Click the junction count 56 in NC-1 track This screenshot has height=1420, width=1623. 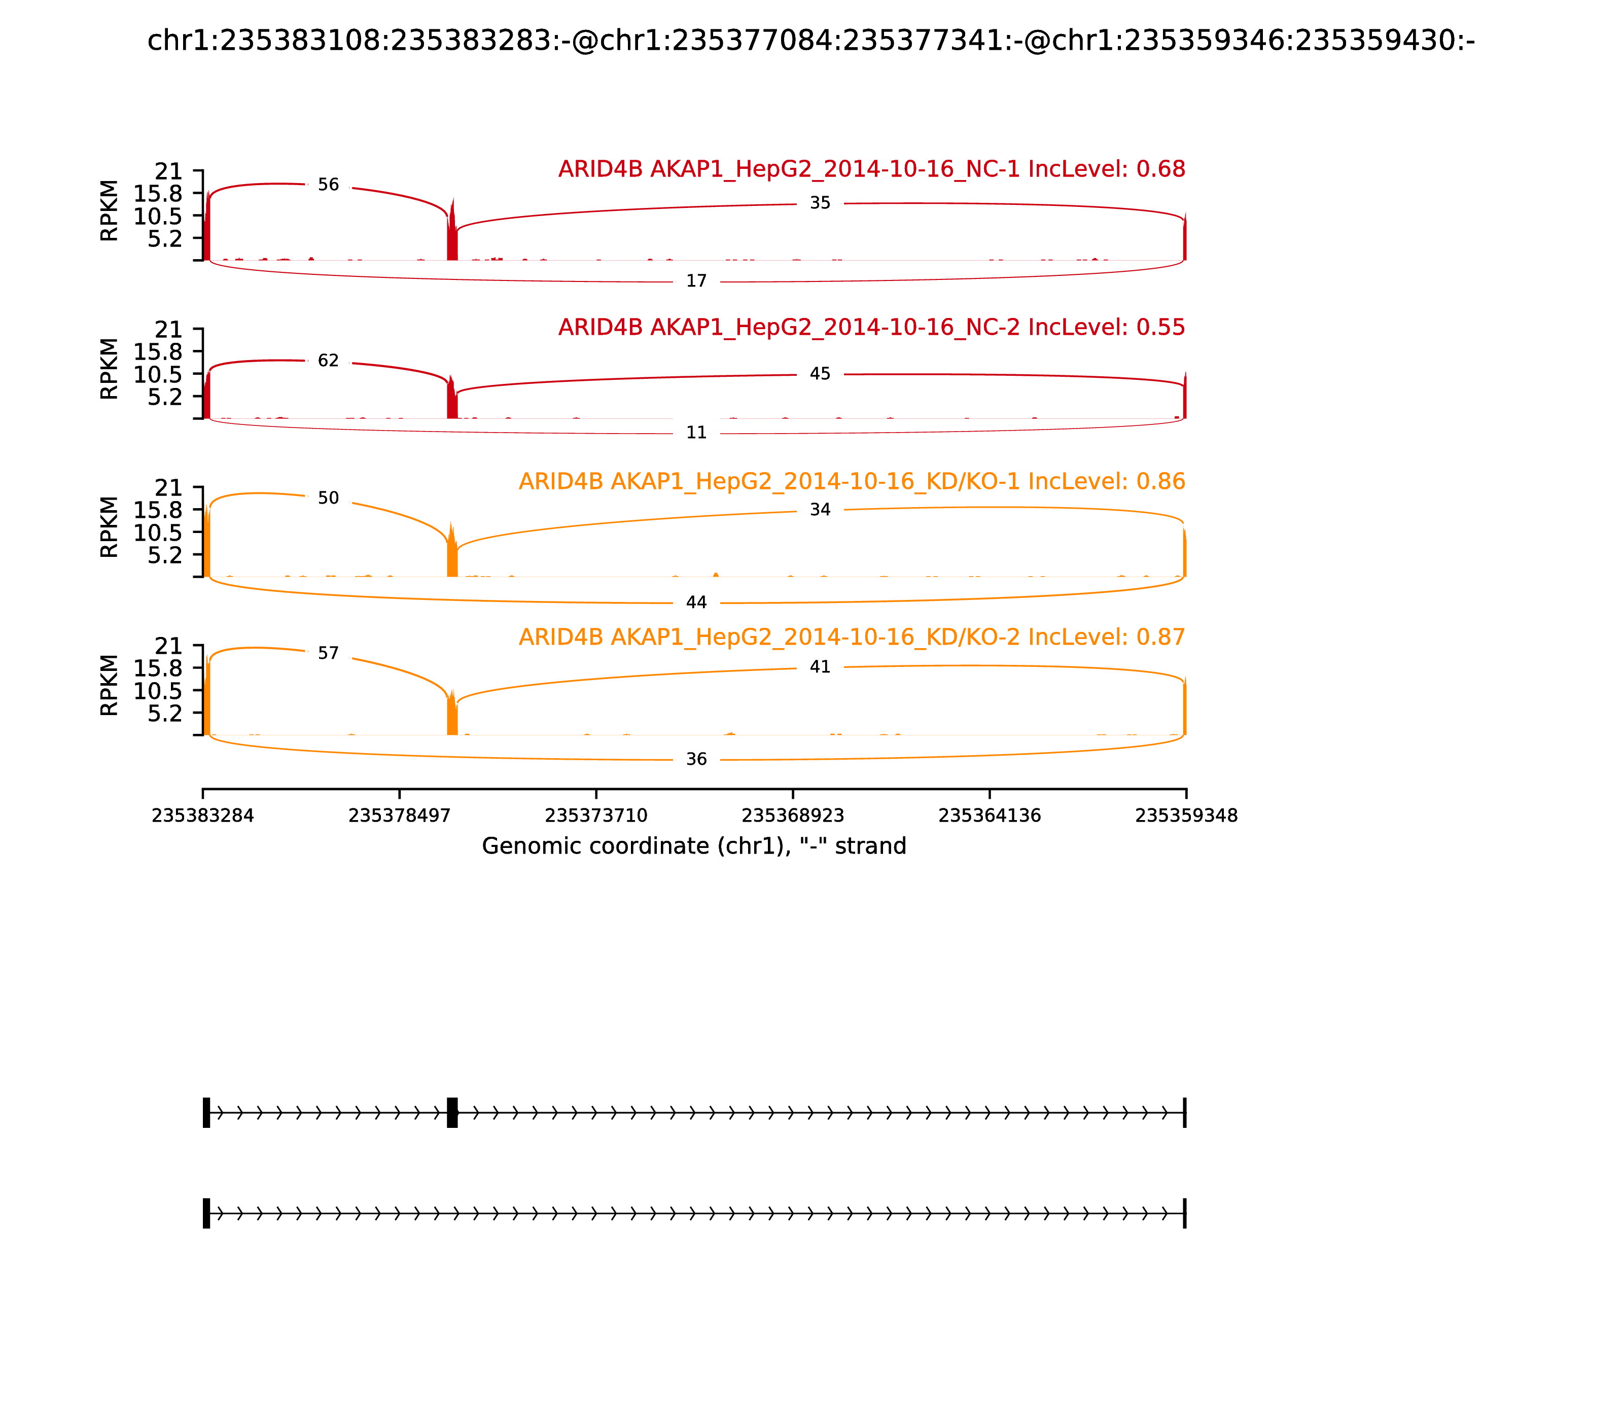pos(328,185)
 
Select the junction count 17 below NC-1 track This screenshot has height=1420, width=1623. pos(696,281)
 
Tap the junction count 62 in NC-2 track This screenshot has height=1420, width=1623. pos(328,361)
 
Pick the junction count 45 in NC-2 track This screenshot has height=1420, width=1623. pos(820,374)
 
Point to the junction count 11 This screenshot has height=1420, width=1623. pos(696,433)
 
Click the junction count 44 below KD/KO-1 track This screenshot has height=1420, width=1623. pos(696,603)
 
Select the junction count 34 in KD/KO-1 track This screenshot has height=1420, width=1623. pos(820,510)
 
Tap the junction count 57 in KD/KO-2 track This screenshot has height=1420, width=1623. pos(328,654)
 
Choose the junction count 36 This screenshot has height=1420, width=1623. pos(696,760)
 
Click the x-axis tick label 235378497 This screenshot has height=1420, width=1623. pos(400,816)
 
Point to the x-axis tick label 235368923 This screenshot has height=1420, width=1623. pos(792,816)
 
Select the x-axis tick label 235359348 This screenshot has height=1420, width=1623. pos(1186,816)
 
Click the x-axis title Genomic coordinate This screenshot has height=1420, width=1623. pos(694,846)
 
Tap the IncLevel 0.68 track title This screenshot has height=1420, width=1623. pos(872,169)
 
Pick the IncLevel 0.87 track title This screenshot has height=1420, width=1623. pos(852,637)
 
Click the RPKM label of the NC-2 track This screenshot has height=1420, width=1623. pos(110,369)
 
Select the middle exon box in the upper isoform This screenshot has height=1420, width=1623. pos(452,1113)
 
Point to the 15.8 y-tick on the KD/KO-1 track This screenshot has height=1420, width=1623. pos(158,510)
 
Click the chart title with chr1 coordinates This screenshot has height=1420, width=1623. pos(811,41)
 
